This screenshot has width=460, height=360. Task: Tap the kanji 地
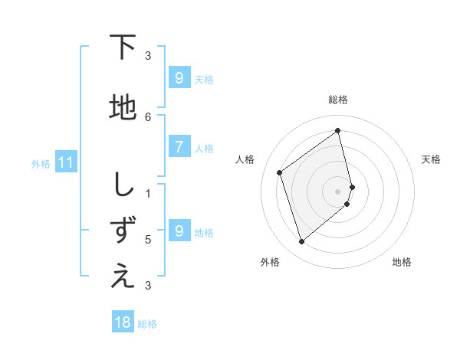pos(123,108)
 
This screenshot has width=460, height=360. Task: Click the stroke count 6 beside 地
pos(148,116)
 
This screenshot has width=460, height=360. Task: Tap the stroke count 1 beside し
pos(148,193)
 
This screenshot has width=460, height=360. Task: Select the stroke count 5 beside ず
pos(148,239)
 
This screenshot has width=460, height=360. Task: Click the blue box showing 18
pos(123,322)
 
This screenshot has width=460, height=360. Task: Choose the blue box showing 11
pos(66,162)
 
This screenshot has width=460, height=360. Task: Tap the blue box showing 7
pos(179,147)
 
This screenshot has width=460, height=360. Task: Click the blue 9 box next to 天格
pos(179,78)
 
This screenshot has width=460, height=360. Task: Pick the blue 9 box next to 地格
pos(179,231)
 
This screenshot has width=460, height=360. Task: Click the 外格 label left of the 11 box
pos(41,163)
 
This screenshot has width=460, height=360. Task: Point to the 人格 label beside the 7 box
pos(204,148)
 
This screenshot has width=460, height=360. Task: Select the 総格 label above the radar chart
pos(338,100)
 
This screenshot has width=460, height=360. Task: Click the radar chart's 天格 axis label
pos(431,159)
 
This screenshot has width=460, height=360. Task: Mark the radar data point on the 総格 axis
pos(338,130)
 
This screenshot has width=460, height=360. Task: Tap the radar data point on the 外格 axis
pos(301,242)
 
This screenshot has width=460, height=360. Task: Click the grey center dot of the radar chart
pos(338,191)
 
